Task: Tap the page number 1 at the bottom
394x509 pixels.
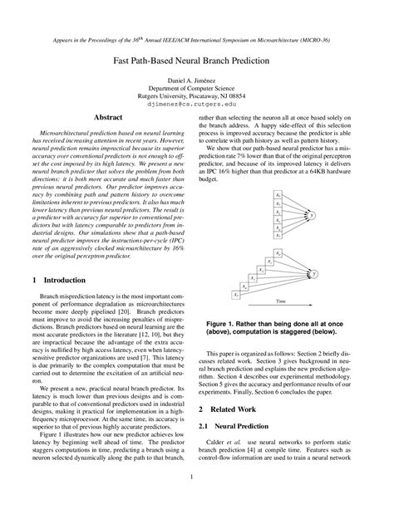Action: (x=197, y=476)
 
